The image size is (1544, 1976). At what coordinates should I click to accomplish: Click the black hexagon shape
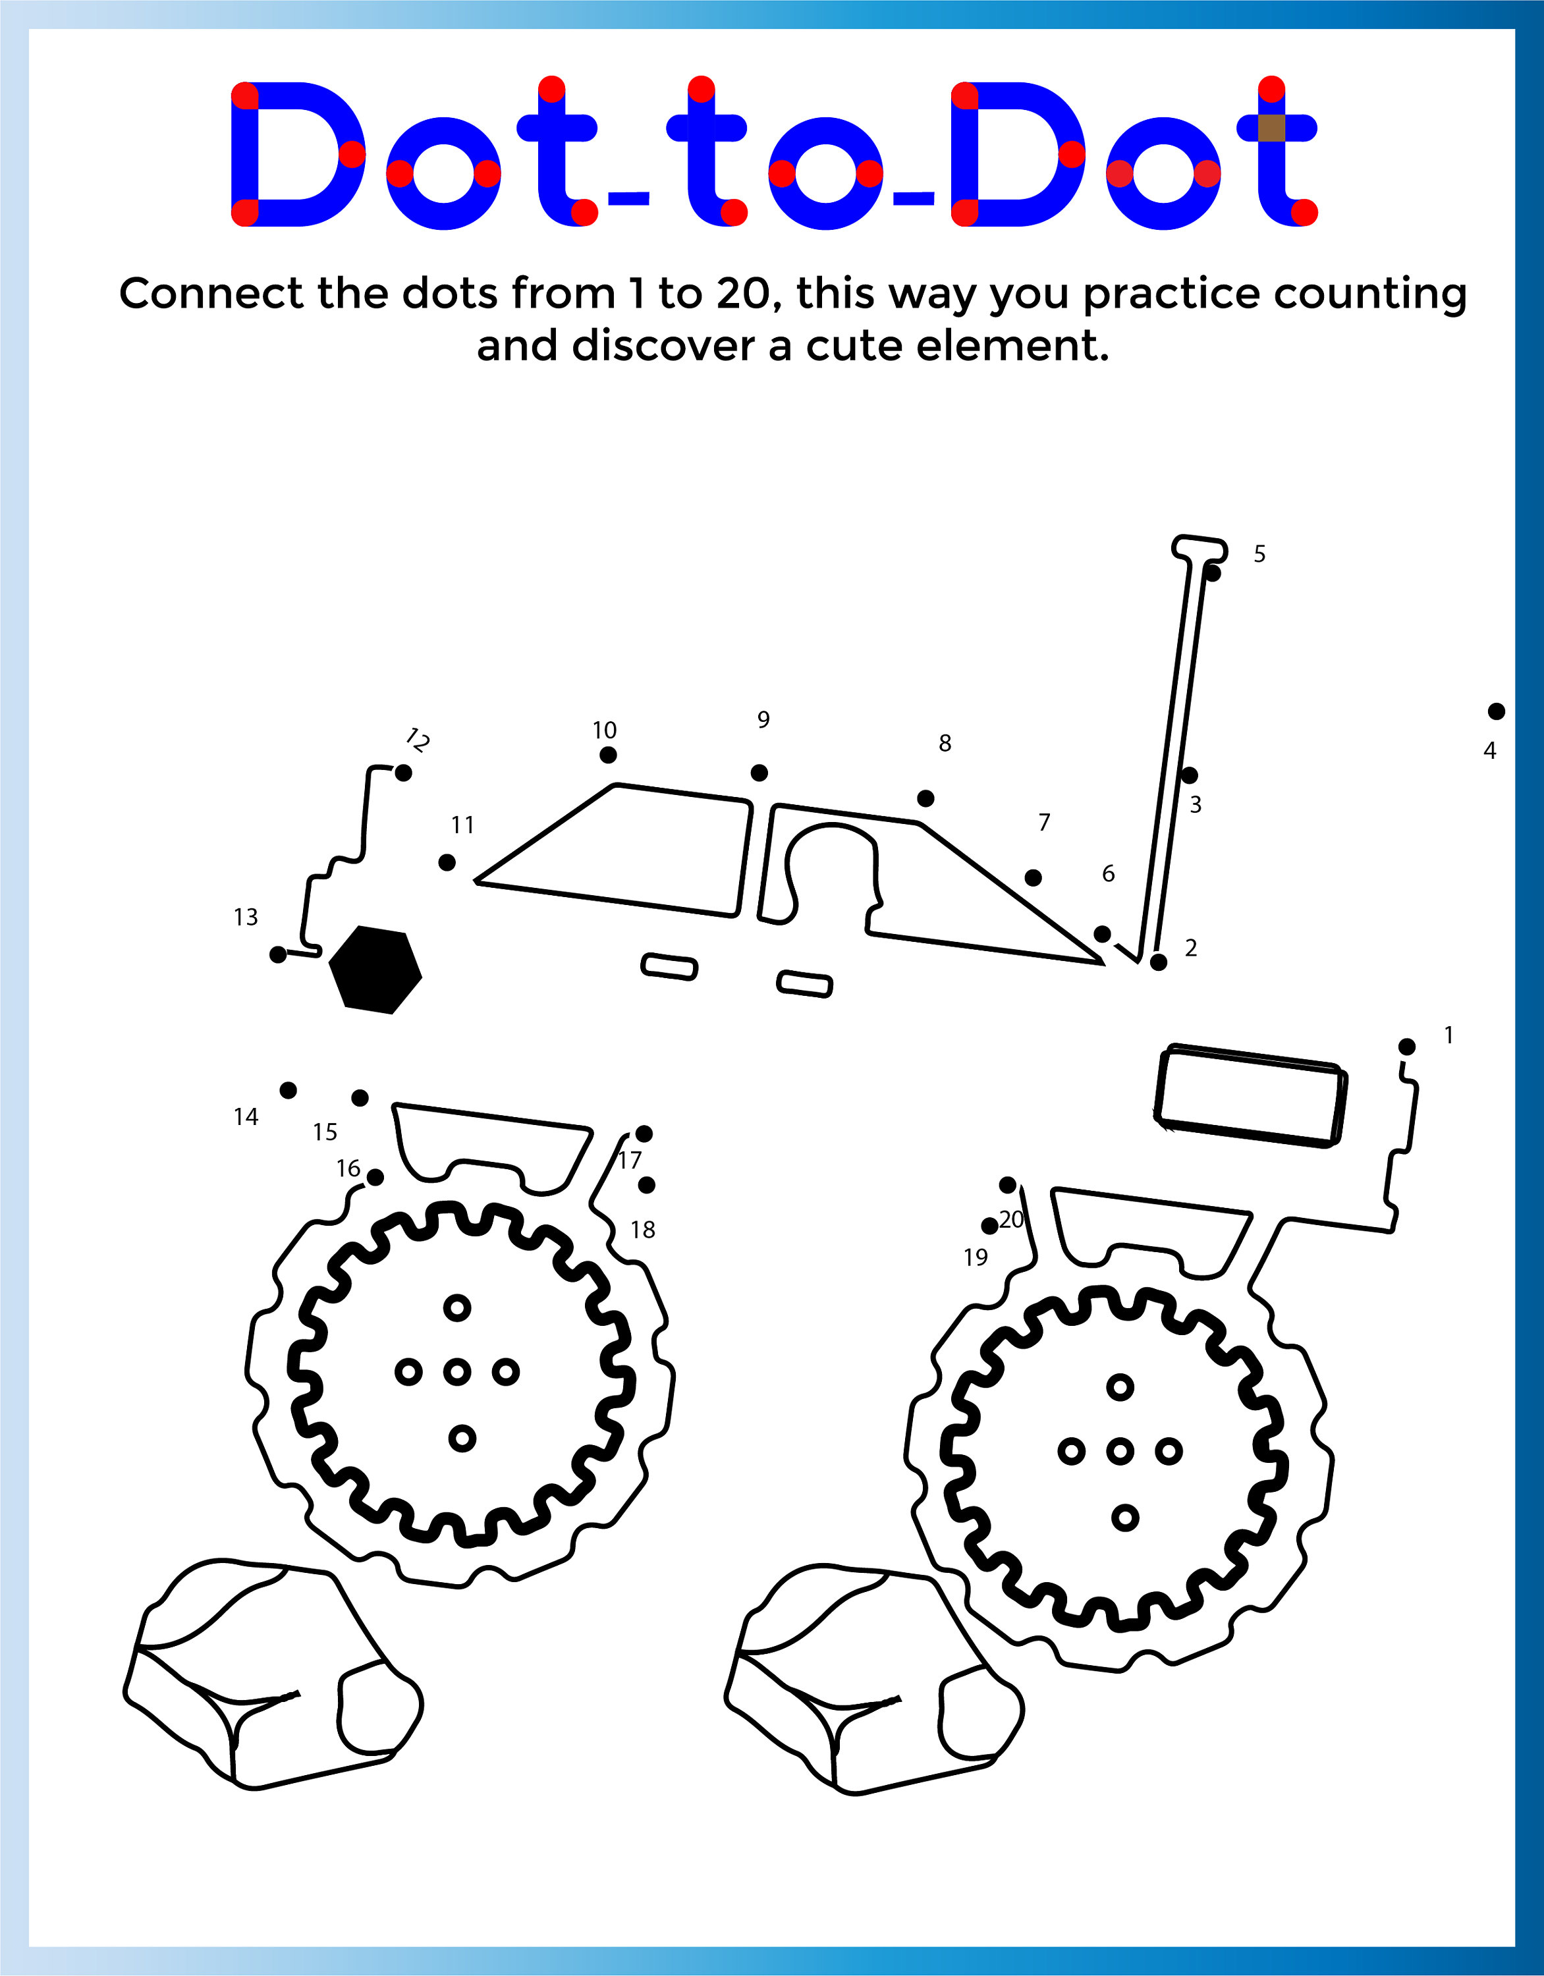(375, 969)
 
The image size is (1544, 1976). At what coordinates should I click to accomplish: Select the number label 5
(1259, 554)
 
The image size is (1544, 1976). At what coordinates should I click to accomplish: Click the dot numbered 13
(279, 954)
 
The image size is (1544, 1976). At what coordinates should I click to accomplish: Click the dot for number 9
(759, 773)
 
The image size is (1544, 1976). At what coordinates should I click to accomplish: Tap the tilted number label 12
(416, 740)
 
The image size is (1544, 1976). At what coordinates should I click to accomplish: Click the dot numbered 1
(1406, 1047)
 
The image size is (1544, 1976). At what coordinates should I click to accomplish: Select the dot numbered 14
(288, 1090)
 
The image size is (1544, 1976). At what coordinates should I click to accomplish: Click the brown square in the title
(1271, 128)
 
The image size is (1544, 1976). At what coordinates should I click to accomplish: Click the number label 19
(976, 1257)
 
